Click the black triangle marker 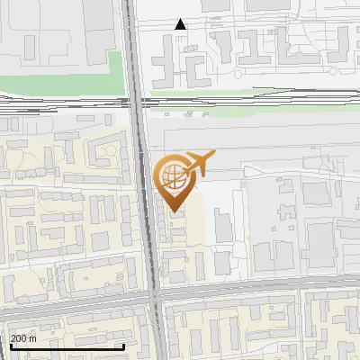pos(181,24)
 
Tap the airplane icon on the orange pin pos(199,163)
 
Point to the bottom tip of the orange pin pos(173,211)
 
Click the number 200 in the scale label pos(19,338)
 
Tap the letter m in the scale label pos(34,338)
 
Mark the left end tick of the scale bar pos(11,346)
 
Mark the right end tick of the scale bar pos(123,346)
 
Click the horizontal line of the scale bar pos(67,346)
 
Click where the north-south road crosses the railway pos(138,102)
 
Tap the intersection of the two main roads pos(156,296)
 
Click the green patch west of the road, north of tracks pos(115,67)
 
